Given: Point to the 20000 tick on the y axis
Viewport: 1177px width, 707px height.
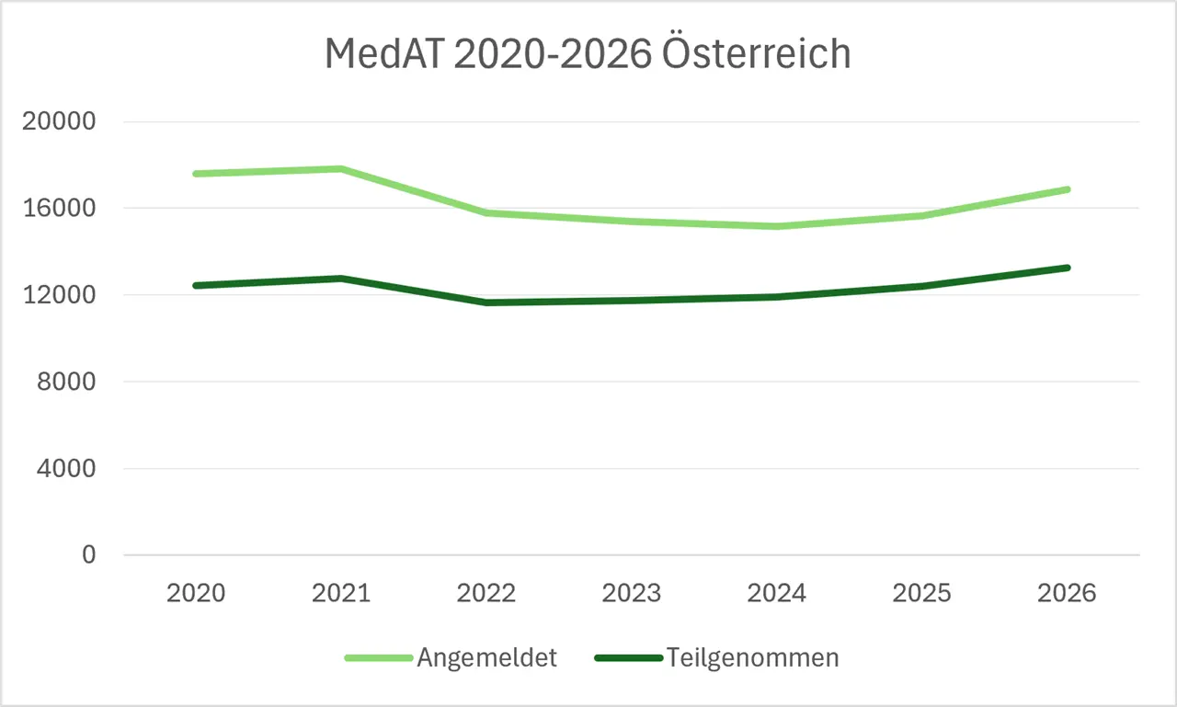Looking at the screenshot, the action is coord(59,121).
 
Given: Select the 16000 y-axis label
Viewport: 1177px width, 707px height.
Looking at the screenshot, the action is coord(59,208).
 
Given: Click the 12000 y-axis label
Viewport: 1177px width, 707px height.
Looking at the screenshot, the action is coord(59,295).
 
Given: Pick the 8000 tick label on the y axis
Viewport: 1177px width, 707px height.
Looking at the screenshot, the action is coord(66,382).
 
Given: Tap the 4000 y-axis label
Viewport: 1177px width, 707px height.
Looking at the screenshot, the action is coord(66,468).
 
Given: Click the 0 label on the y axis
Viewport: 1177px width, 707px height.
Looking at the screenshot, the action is coord(89,554).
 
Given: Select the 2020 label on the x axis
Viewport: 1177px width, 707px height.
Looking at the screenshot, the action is coord(196,593).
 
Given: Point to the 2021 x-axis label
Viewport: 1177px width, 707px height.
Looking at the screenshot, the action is coord(341,593).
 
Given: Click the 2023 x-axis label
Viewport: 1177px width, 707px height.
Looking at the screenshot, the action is coord(631,593).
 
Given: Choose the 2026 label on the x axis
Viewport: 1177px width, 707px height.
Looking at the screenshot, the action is coord(1067,593).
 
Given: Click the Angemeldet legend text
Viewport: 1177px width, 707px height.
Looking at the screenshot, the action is coord(486,658).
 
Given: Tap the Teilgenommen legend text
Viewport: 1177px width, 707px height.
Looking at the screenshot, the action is coord(752,658).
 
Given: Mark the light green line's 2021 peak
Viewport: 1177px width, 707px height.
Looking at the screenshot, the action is coord(341,169).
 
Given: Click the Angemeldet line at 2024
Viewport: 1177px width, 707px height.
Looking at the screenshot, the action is coord(777,226).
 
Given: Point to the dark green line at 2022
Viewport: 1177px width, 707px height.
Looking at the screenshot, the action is coord(486,302).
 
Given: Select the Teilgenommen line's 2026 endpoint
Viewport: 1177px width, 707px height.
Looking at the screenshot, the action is coord(1068,268).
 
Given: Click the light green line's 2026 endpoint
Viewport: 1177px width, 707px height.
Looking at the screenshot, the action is coord(1068,189).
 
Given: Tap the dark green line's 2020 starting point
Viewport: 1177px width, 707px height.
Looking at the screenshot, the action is coord(196,286).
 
